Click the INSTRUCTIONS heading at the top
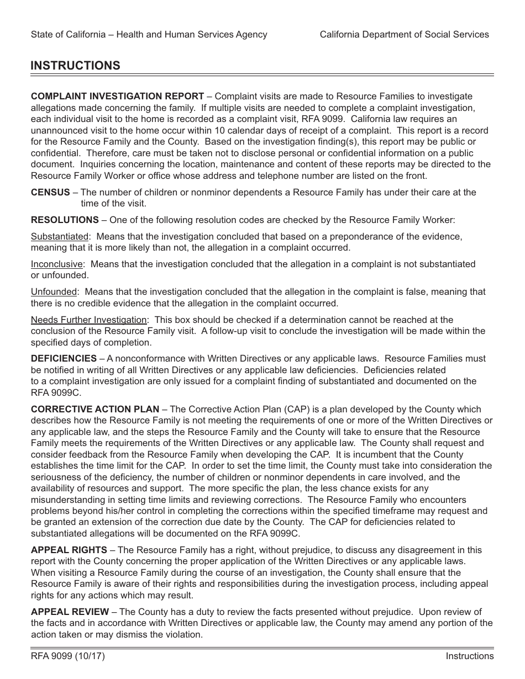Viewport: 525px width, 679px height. pyautogui.click(x=75, y=66)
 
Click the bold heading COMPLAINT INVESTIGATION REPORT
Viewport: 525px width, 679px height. pyautogui.click(x=117, y=96)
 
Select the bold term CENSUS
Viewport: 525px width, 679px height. pyautogui.click(x=50, y=192)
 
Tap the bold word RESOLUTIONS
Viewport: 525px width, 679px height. pyautogui.click(x=65, y=220)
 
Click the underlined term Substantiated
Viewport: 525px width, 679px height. pyautogui.click(x=59, y=236)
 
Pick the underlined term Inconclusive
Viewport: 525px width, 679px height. pyautogui.click(x=56, y=264)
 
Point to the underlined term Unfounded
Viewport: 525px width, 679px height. pyautogui.click(x=54, y=291)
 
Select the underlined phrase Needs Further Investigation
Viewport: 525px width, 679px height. pyautogui.click(x=88, y=320)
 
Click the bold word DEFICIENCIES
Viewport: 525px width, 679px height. pyautogui.click(x=64, y=358)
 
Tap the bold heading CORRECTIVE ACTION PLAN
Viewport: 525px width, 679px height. pyautogui.click(x=95, y=409)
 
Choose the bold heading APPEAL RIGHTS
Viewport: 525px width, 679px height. pyautogui.click(x=69, y=550)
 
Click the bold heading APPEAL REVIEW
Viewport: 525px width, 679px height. pyautogui.click(x=70, y=612)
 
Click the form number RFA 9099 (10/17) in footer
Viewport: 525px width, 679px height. pyautogui.click(x=68, y=656)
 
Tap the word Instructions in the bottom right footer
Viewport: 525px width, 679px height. pyautogui.click(x=470, y=656)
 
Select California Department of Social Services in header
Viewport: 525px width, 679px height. pyautogui.click(x=404, y=34)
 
